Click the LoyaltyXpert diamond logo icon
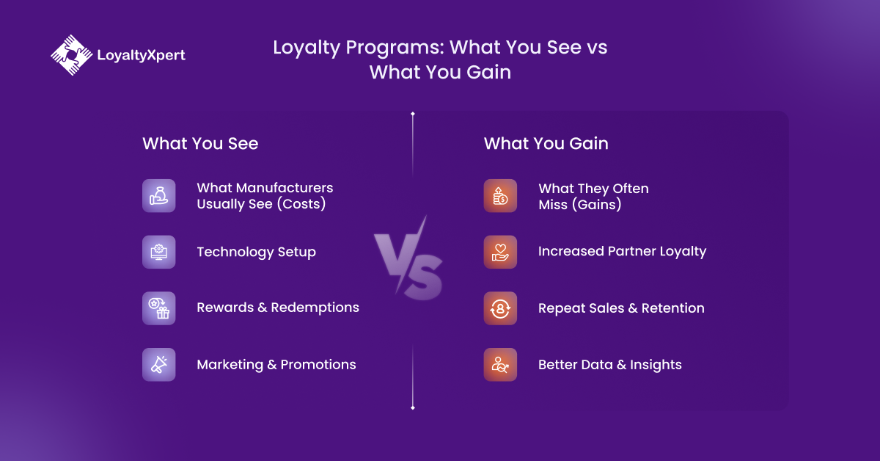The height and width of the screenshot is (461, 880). coord(72,55)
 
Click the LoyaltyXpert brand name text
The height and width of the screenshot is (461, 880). coord(141,55)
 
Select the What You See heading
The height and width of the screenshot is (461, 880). coord(200,143)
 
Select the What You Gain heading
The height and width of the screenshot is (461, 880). coord(546,143)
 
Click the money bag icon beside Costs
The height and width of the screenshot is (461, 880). coord(158,195)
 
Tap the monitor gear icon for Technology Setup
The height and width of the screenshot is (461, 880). coord(158,252)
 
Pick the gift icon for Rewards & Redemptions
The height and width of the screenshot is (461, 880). coord(158,308)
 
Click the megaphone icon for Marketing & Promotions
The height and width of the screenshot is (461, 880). coord(158,364)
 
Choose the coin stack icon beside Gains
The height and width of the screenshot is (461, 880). coord(500,195)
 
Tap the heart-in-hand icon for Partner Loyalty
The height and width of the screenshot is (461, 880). coord(500,252)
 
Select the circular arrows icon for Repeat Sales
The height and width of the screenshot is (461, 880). coord(500,308)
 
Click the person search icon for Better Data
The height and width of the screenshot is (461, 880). coord(500,364)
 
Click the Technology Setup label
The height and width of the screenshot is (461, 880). coord(256,252)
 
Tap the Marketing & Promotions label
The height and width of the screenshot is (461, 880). coord(276,365)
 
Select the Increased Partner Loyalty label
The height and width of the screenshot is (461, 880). coord(623,251)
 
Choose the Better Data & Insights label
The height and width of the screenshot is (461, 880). coord(609,365)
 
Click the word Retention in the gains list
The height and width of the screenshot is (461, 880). coord(673,308)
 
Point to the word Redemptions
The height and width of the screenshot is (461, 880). coord(315,308)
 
